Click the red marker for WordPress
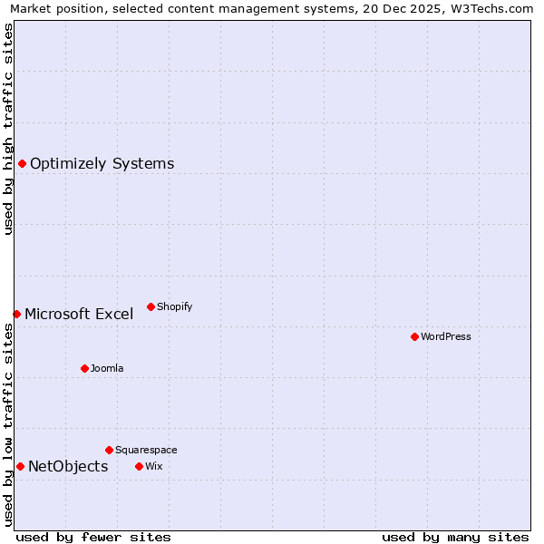(414, 336)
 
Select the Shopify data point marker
(151, 306)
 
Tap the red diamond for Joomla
(84, 368)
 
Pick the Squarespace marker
(109, 450)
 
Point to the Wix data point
(139, 466)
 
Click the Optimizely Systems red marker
(22, 163)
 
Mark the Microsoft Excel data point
(16, 314)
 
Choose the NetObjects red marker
(20, 466)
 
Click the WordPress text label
(446, 336)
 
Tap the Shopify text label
(175, 306)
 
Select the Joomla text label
(107, 368)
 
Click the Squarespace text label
(146, 450)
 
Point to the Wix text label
(153, 466)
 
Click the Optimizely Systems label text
(102, 164)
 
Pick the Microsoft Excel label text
(79, 315)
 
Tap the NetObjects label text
(68, 467)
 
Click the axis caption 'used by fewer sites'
(93, 537)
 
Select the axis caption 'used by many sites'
(455, 537)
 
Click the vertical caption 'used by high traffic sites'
(9, 129)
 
